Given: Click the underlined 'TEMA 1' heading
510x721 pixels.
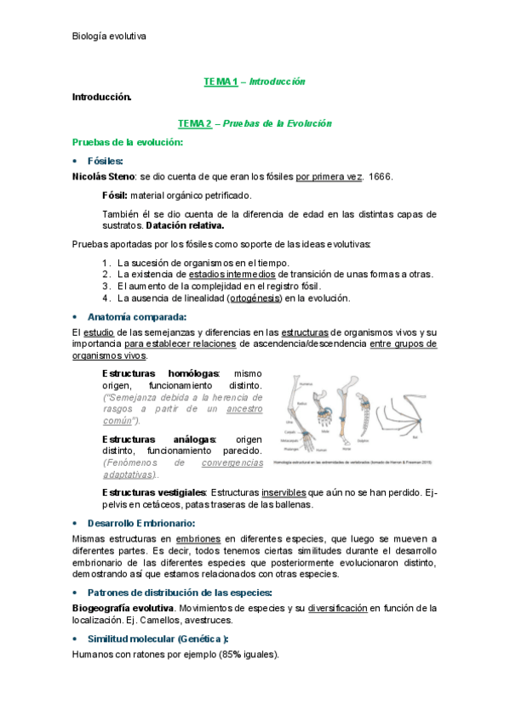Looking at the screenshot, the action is point(220,82).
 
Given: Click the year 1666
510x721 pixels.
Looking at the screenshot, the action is point(381,177).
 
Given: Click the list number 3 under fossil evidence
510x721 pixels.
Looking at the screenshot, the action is point(106,287).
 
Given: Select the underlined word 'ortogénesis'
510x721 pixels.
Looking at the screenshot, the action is point(255,298).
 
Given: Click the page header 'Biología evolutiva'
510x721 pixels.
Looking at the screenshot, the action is point(109,37).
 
